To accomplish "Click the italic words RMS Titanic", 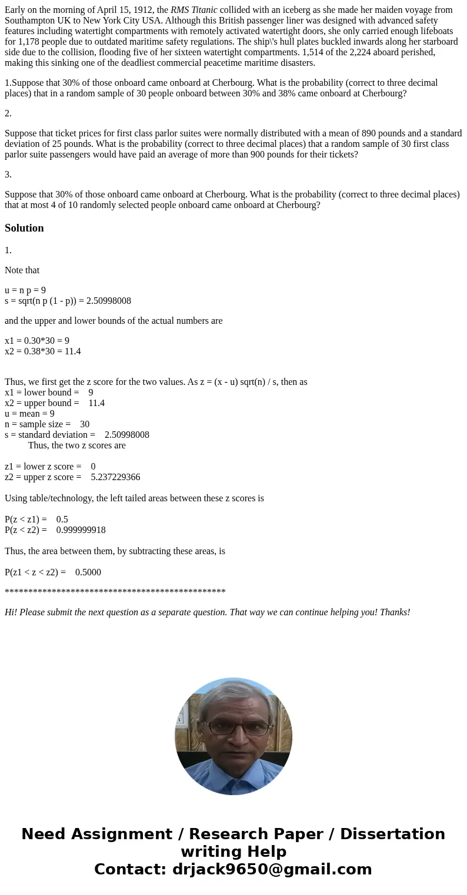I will pyautogui.click(x=194, y=10).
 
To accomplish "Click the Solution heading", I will pyautogui.click(x=24, y=228).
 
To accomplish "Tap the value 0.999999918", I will pyautogui.click(x=81, y=530).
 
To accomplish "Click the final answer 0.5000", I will pyautogui.click(x=88, y=572).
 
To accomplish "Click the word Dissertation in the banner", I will pyautogui.click(x=392, y=834).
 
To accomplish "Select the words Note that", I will pyautogui.click(x=22, y=270).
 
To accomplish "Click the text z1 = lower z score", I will pyautogui.click(x=43, y=467).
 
